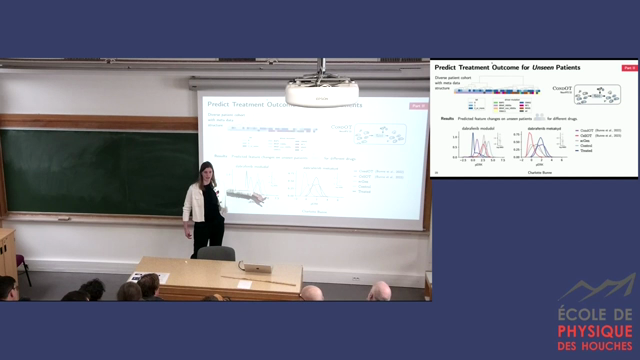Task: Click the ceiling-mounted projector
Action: pos(321,96)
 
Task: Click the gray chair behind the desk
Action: pos(216,253)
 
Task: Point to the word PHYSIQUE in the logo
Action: pos(595,332)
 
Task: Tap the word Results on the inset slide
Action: pos(447,118)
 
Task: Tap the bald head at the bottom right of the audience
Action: pos(379,291)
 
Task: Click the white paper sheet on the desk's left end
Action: pos(135,277)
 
